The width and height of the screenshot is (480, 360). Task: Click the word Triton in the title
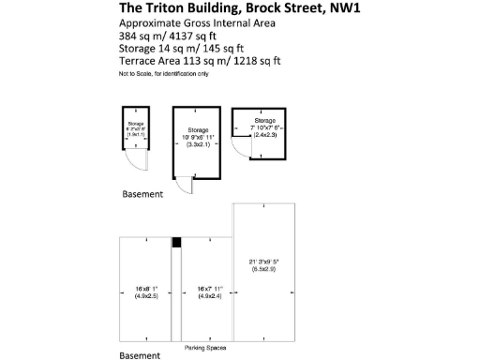(167, 9)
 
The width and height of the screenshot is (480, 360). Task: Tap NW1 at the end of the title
(342, 9)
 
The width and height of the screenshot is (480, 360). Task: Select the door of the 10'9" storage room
(187, 187)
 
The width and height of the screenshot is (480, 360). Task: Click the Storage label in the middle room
(197, 130)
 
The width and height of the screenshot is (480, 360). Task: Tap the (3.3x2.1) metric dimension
(197, 145)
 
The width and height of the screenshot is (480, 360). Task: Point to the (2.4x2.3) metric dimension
(265, 135)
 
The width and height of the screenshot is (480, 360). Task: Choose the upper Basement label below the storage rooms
(143, 194)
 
